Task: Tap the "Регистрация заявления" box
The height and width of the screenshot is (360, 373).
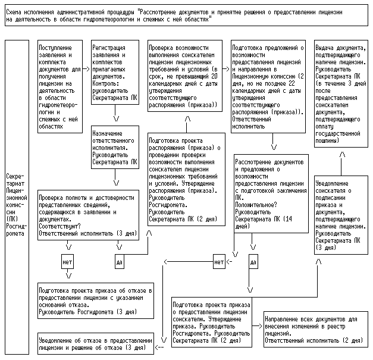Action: coord(115,73)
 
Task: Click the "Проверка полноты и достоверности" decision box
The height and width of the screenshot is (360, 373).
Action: coord(87,215)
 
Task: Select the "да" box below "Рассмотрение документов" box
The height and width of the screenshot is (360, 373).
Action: coord(253,261)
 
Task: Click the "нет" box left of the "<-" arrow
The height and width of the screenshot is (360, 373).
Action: coord(219,261)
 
